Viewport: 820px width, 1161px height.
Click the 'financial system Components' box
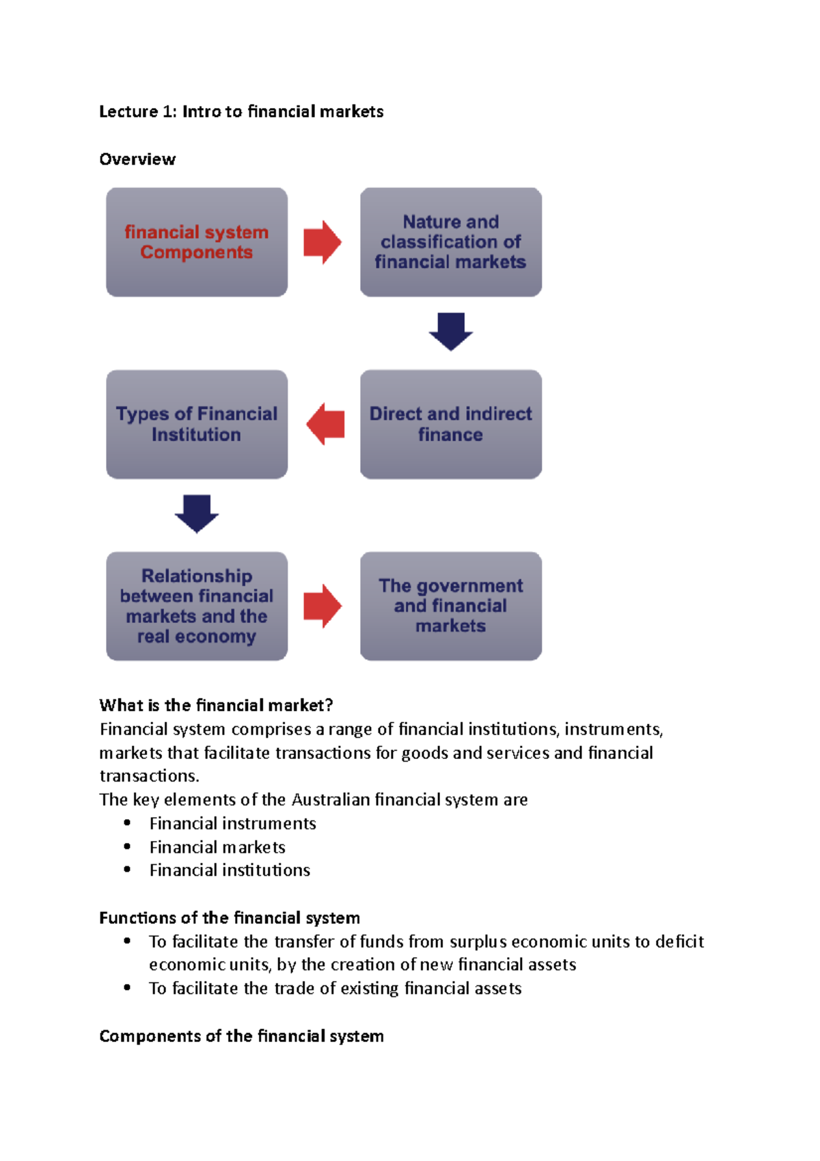[x=197, y=242]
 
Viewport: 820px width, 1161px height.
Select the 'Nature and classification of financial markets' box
[x=451, y=242]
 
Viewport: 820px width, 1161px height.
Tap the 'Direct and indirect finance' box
[x=451, y=424]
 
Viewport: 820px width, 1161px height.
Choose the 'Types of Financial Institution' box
[x=197, y=424]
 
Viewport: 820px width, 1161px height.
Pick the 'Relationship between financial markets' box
[x=197, y=606]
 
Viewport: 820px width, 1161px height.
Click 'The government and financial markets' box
[x=451, y=606]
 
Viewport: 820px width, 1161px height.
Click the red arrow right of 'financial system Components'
[x=323, y=242]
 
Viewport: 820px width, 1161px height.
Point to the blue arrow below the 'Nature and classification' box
[x=451, y=332]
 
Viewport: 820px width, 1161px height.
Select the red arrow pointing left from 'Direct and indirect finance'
[x=325, y=424]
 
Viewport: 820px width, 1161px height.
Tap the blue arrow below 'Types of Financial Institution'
[x=197, y=513]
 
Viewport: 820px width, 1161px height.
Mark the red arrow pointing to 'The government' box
[x=323, y=606]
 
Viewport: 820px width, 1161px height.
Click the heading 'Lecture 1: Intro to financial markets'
[x=241, y=111]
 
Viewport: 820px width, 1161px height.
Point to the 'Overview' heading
[x=137, y=159]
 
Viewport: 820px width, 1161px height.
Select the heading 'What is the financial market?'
[x=216, y=705]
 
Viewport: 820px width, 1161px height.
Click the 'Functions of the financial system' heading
[x=230, y=918]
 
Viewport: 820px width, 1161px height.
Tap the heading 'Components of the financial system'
[x=241, y=1036]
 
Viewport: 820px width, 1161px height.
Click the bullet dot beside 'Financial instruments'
[x=127, y=823]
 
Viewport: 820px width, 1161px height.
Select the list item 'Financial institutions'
[x=230, y=870]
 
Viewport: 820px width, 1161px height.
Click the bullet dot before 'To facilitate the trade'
[x=127, y=988]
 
